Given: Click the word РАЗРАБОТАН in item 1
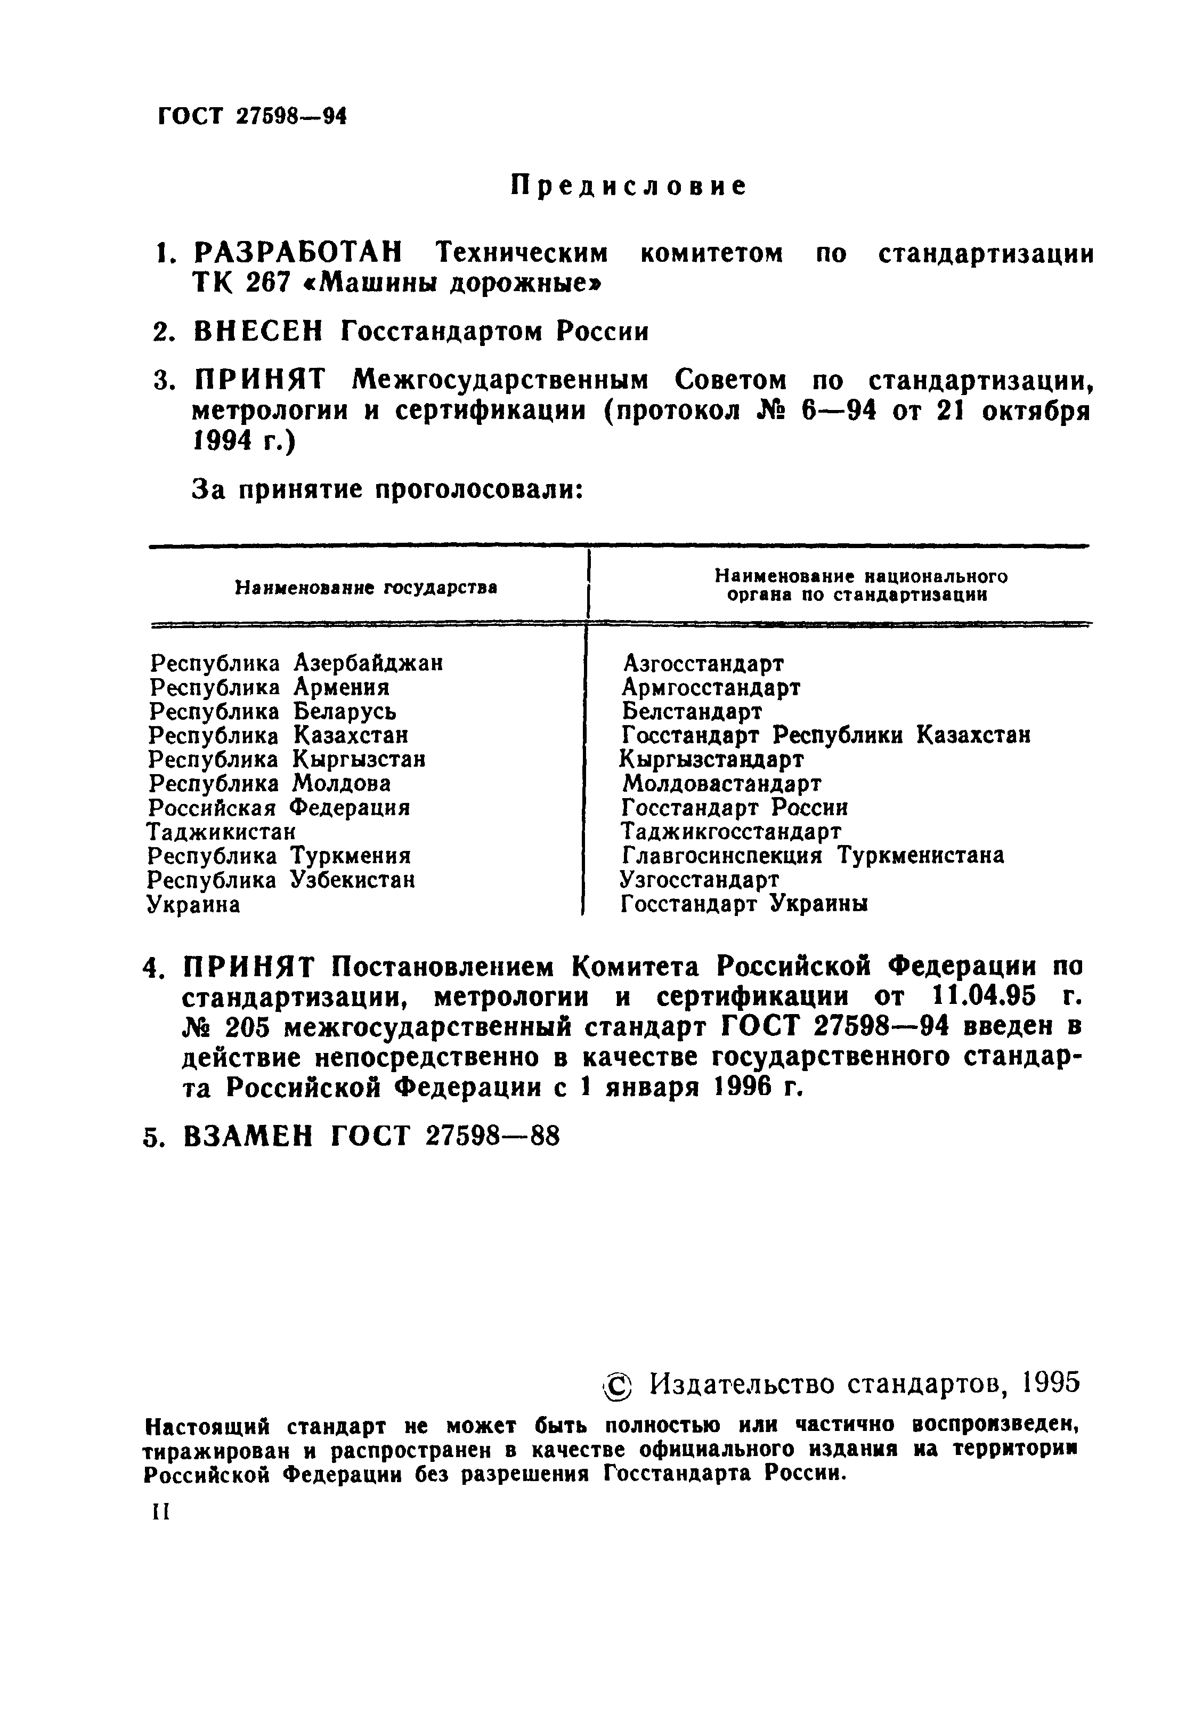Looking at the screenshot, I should (297, 253).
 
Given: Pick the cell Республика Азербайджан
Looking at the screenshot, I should (296, 663).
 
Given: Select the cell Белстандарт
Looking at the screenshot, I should (692, 711).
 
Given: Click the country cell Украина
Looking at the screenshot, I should (193, 904).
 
